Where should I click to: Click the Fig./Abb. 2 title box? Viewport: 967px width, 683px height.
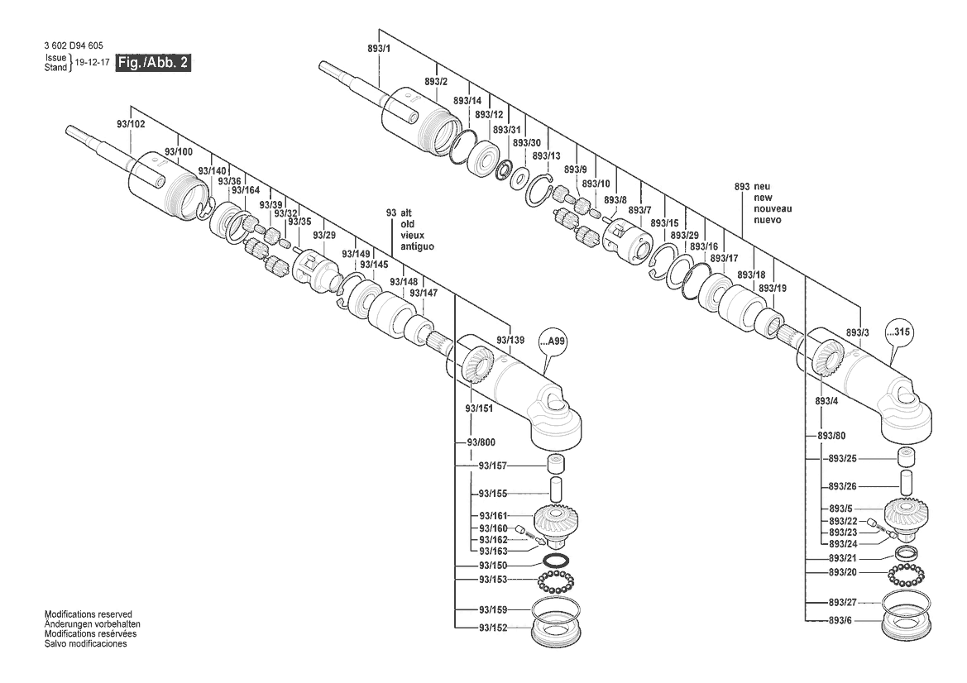(x=153, y=63)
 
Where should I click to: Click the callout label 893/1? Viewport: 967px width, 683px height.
(x=379, y=50)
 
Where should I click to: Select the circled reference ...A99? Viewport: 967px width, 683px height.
(x=555, y=341)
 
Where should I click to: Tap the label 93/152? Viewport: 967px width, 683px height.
(x=492, y=628)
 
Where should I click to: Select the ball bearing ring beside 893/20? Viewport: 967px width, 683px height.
(x=907, y=572)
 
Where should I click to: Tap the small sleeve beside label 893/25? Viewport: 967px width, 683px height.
(x=909, y=456)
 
